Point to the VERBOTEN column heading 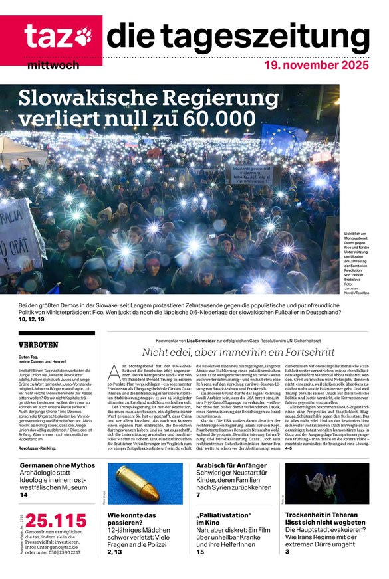point(39,345)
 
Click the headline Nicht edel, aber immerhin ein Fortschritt point(237,353)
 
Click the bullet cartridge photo point(145,483)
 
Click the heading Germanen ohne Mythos point(59,466)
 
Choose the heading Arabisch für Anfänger point(231,466)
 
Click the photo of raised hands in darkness point(326,483)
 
